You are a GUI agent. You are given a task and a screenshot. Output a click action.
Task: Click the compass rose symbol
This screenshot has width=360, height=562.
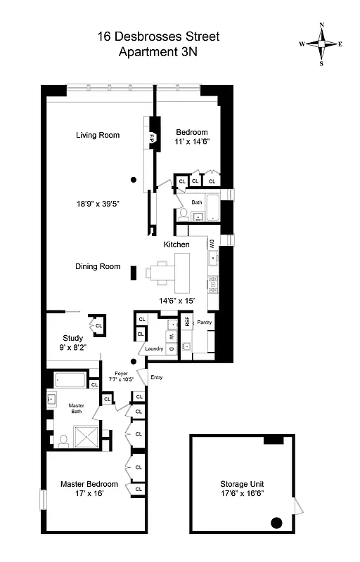click(321, 43)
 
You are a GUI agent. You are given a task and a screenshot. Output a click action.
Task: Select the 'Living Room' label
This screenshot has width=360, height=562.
click(98, 135)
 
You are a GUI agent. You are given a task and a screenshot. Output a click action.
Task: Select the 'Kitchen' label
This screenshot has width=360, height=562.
click(176, 244)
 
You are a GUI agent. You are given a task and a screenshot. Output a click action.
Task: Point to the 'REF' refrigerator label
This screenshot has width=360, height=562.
click(187, 322)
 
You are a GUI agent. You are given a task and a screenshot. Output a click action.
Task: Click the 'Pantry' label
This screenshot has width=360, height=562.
click(205, 322)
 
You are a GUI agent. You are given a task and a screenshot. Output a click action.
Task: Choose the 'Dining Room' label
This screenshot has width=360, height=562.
click(98, 266)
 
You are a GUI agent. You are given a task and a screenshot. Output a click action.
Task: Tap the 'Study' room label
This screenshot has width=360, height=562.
click(72, 337)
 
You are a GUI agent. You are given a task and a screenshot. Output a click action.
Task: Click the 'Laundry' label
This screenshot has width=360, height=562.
click(154, 349)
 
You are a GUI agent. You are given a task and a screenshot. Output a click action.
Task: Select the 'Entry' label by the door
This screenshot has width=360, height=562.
click(156, 377)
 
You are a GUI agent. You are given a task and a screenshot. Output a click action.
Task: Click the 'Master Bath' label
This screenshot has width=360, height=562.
click(76, 410)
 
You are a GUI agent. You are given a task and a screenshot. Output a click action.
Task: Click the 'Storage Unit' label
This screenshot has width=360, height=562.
click(241, 485)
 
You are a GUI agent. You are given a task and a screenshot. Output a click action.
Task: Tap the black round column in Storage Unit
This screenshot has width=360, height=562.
click(276, 522)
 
